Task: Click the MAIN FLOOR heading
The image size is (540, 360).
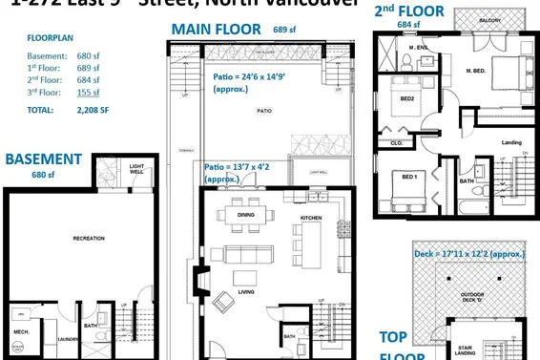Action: (215, 29)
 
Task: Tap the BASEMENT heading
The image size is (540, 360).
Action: (45, 159)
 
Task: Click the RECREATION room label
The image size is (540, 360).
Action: (88, 238)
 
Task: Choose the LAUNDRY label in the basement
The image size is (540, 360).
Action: (68, 337)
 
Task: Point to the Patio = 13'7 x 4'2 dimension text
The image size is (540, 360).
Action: (238, 172)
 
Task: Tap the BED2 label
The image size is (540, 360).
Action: (407, 98)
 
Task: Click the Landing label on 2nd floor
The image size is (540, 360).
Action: (510, 143)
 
